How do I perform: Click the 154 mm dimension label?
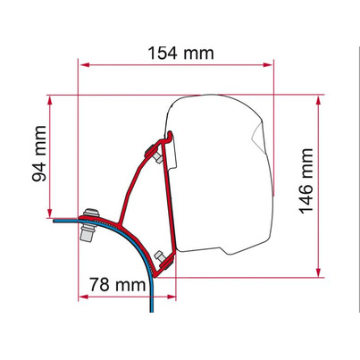pos(181,53)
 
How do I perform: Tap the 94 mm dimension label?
pos(39,154)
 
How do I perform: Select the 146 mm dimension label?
pos(306,181)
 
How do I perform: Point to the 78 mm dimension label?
pos(118,284)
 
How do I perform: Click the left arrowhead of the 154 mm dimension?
pos(85,64)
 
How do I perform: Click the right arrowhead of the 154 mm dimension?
pos(268,64)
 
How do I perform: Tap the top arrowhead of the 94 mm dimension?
pos(50,101)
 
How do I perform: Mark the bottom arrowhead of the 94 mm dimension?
pos(50,213)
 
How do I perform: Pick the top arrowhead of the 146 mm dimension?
pos(318,101)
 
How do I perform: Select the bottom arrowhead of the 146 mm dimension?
pos(318,272)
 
